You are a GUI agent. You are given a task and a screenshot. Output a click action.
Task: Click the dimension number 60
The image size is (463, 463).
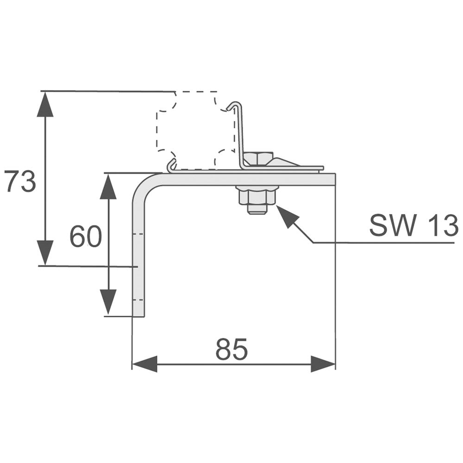tap(86, 237)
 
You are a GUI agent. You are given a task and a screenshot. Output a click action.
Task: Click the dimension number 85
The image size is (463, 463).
tap(231, 350)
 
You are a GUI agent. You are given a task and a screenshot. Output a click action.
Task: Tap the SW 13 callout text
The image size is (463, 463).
tap(413, 225)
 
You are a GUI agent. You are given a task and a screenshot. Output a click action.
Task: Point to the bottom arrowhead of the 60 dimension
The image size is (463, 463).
tap(108, 302)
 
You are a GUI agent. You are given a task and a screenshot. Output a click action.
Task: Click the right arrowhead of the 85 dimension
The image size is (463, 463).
tap(323, 364)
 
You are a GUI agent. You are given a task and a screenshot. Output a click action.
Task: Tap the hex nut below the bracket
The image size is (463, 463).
tap(257, 196)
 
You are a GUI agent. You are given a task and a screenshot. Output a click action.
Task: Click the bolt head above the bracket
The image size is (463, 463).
tap(258, 158)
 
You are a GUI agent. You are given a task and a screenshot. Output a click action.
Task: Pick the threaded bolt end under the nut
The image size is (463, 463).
tap(257, 209)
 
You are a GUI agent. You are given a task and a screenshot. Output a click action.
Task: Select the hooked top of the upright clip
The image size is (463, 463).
tap(235, 105)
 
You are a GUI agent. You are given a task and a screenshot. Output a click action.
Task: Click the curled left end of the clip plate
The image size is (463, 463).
tap(171, 165)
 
